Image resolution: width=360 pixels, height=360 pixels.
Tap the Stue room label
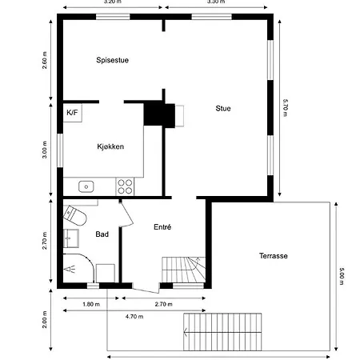223,108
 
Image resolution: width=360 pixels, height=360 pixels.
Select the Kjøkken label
110,146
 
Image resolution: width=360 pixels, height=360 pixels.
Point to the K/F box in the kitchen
72,113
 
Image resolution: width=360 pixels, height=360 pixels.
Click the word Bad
102,234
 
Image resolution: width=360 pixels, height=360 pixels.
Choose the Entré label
162,227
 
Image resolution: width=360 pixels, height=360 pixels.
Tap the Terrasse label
273,255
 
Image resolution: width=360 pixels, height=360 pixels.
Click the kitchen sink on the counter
86,186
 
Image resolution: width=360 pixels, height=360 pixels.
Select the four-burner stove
125,186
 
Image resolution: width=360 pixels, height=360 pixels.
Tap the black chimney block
154,114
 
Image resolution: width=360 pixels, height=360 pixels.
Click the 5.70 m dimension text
285,108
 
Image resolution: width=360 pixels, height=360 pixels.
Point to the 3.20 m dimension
113,2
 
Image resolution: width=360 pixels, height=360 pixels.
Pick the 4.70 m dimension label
134,317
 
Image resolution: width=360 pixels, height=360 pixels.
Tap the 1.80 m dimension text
90,304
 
